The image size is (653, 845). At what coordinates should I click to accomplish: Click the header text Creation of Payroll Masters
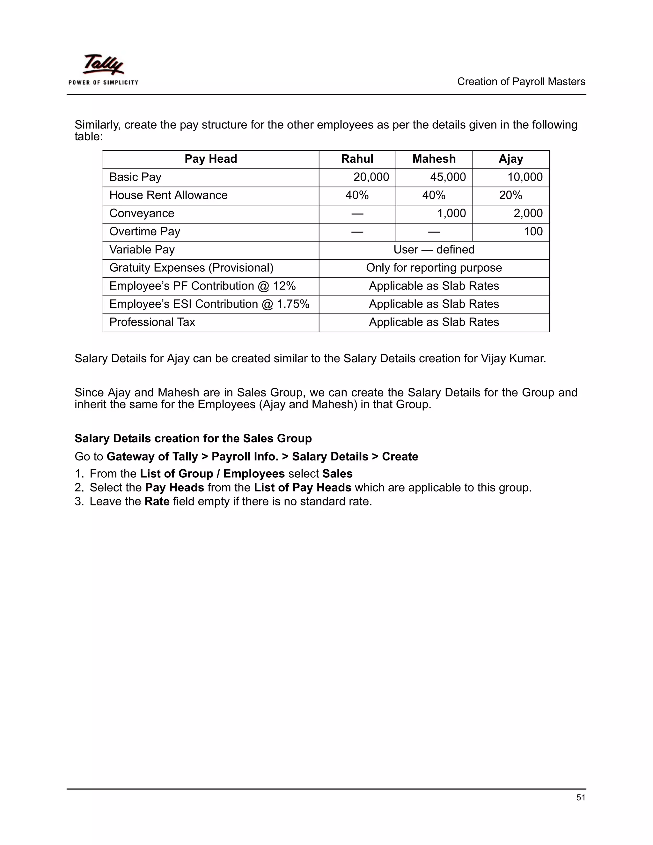(521, 82)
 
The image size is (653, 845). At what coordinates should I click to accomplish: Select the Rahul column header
(357, 159)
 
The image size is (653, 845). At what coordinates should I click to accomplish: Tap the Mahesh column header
(434, 159)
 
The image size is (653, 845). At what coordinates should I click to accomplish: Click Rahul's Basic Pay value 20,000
(371, 177)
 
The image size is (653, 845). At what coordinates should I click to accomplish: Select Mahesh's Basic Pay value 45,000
(448, 177)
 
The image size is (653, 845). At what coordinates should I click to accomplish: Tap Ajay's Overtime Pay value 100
(533, 231)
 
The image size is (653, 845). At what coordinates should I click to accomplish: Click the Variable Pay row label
(142, 250)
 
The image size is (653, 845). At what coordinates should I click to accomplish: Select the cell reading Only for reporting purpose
(434, 268)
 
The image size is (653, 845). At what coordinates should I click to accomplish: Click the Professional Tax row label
(152, 322)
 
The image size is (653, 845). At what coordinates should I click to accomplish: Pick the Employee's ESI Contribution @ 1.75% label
(209, 304)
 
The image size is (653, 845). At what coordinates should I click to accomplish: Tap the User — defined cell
(434, 250)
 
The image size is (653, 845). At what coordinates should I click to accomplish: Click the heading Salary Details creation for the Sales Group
(193, 438)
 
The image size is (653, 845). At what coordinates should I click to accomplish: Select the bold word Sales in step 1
(337, 474)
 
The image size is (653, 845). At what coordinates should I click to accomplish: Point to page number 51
(580, 797)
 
